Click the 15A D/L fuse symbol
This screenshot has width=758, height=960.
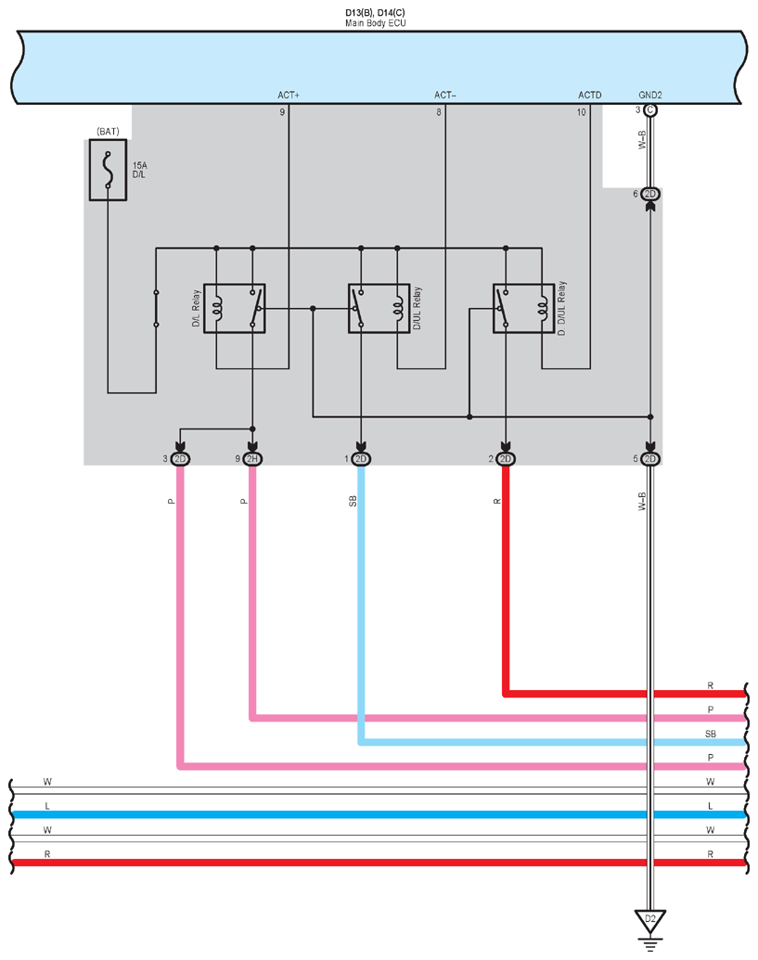click(x=108, y=170)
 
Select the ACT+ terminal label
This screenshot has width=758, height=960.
click(x=289, y=95)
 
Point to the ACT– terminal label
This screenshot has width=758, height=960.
click(x=445, y=95)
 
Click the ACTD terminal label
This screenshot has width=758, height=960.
click(x=590, y=95)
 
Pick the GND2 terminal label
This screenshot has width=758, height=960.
click(x=650, y=95)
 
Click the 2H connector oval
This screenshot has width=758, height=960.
click(x=252, y=458)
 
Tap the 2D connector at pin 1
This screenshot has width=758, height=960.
click(x=361, y=458)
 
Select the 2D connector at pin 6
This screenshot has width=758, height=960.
click(x=650, y=194)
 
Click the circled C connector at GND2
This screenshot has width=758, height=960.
click(x=650, y=110)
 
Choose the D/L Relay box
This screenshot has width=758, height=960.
click(x=235, y=309)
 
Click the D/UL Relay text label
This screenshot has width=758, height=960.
click(x=417, y=308)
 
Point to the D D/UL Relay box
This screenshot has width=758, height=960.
click(x=523, y=309)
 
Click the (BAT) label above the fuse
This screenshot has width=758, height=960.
click(x=108, y=132)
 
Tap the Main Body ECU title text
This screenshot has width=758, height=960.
click(x=376, y=23)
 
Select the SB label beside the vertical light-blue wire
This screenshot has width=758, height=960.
click(x=353, y=502)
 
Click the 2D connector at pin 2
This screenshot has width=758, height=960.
click(x=505, y=458)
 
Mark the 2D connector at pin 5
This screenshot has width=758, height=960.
click(x=650, y=458)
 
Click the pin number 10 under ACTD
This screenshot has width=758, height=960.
click(x=581, y=112)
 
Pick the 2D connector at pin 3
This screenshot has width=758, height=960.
click(x=180, y=458)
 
